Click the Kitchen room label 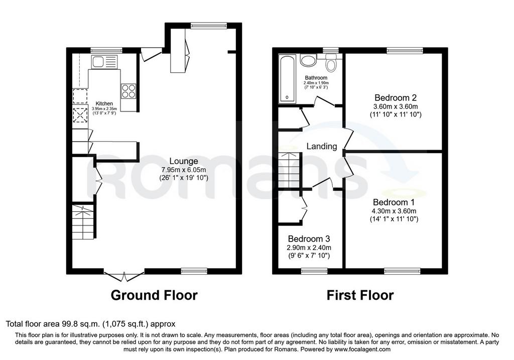(104, 103)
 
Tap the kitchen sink (104, 62)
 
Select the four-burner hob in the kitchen (128, 91)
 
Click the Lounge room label (184, 161)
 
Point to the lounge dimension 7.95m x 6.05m (184, 170)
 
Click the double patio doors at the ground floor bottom (124, 276)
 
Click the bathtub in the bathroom (287, 79)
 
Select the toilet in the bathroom (331, 63)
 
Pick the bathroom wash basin (308, 61)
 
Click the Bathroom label (316, 78)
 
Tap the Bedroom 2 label (396, 98)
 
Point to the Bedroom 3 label (309, 239)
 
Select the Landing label (322, 146)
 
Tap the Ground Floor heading (154, 295)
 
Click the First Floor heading (360, 295)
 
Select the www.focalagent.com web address (362, 349)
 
